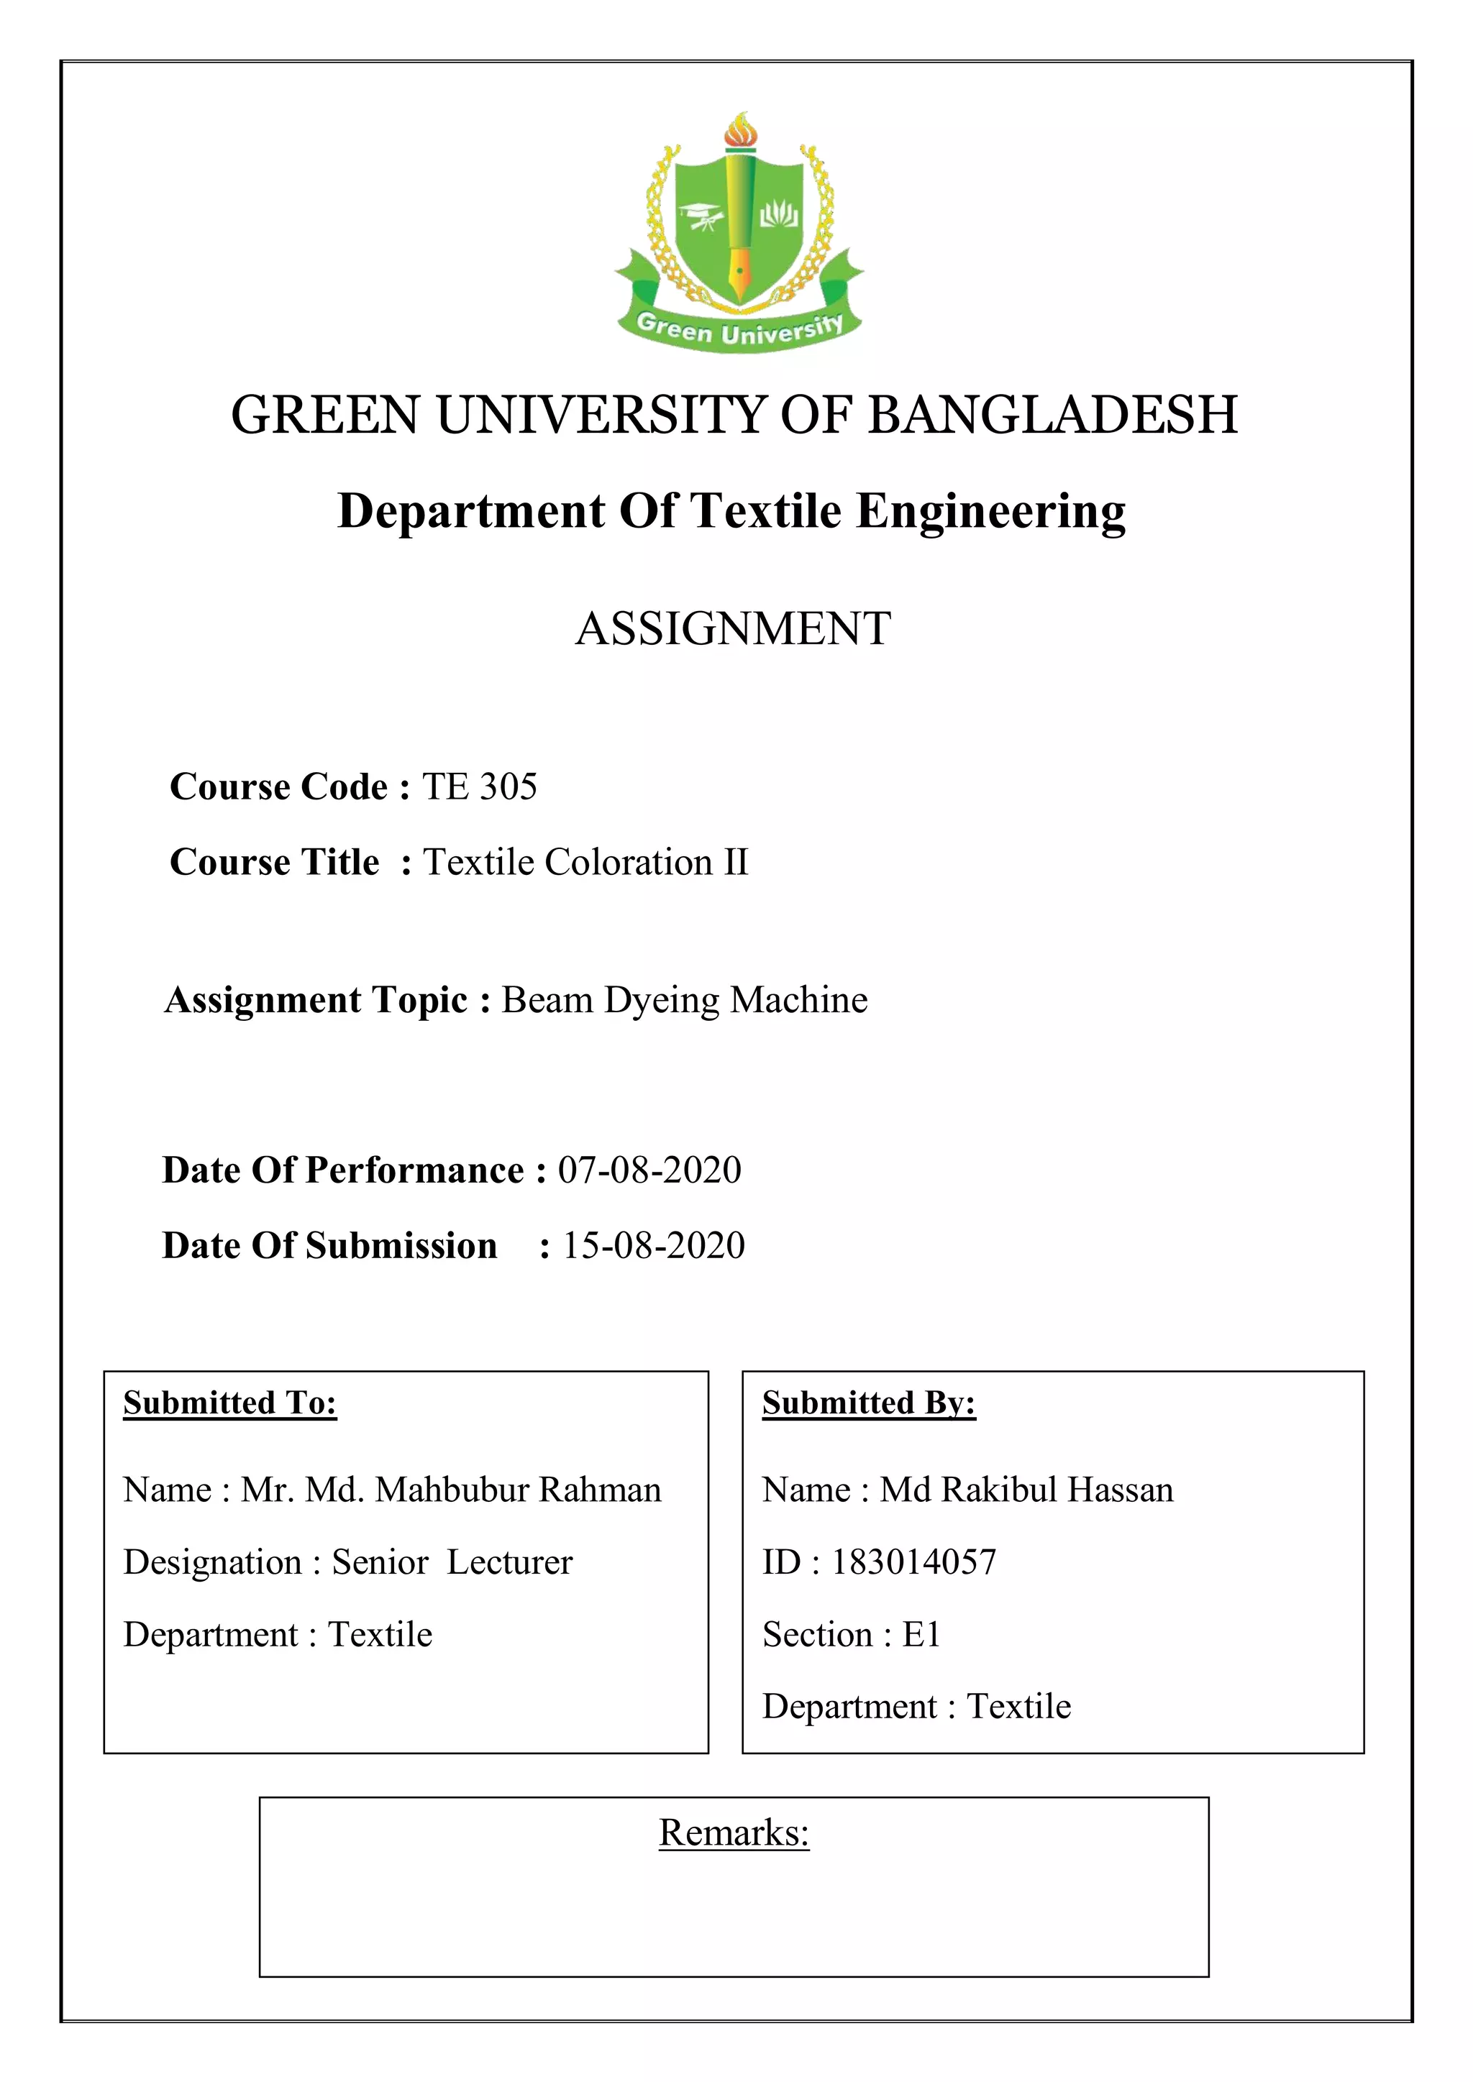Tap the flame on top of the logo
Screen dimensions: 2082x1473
(x=739, y=129)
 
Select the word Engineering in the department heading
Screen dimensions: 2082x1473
(x=990, y=510)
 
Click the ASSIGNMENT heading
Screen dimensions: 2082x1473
(x=734, y=628)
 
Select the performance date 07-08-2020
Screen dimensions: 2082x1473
(x=649, y=1170)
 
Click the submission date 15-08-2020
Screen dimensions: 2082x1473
(x=654, y=1245)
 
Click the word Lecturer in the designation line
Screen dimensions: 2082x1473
(x=510, y=1562)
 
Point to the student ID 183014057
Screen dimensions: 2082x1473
(x=913, y=1562)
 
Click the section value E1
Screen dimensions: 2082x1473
(x=921, y=1634)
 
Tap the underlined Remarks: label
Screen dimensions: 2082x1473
(x=734, y=1833)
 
